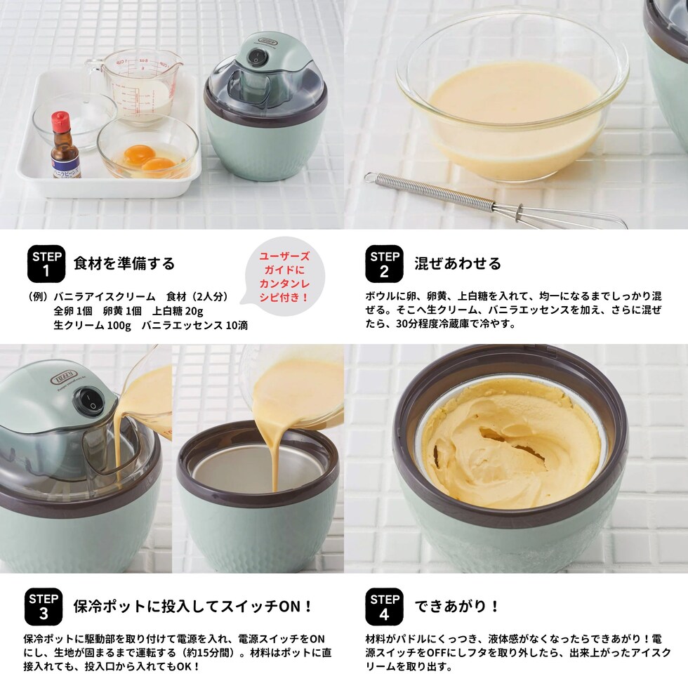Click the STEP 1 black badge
(x=46, y=264)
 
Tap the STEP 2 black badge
(x=385, y=264)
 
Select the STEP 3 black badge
(x=44, y=607)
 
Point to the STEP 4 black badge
(x=385, y=607)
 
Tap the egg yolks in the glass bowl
(x=143, y=159)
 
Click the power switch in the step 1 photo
(x=256, y=57)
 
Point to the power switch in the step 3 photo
(x=92, y=402)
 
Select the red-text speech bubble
(x=284, y=277)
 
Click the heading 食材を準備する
(x=124, y=263)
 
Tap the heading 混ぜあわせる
(x=458, y=263)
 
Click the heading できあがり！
(x=457, y=607)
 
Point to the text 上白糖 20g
(x=178, y=311)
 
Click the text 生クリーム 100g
(x=92, y=326)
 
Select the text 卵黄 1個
(x=122, y=311)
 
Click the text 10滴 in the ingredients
(x=237, y=326)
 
